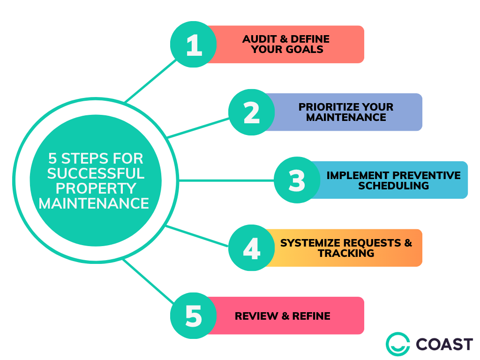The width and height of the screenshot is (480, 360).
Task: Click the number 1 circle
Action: click(193, 45)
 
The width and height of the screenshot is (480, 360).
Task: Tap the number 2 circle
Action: click(252, 112)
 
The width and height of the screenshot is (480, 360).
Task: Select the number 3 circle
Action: click(297, 180)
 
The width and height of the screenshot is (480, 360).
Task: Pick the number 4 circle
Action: click(252, 248)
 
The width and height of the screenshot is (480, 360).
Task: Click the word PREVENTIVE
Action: click(426, 175)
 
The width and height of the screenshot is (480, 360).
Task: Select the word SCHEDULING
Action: click(394, 186)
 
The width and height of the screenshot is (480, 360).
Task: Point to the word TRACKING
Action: click(346, 254)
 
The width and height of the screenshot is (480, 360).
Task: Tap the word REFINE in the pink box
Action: click(311, 316)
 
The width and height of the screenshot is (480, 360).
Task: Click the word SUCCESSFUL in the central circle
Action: click(96, 174)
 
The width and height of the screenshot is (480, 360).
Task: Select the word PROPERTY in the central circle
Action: click(96, 188)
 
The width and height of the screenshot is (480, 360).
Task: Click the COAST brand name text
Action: click(444, 345)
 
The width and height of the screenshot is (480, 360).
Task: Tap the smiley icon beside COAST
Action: click(397, 345)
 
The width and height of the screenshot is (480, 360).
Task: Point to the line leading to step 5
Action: click(148, 281)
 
